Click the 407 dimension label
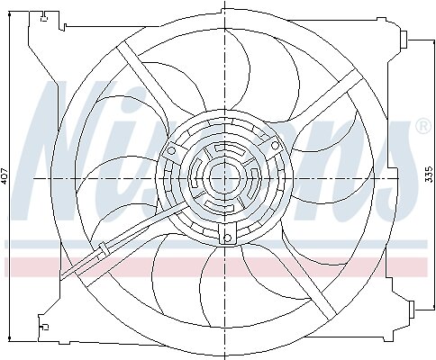coord(5,175)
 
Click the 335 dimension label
coord(430,174)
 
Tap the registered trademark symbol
coord(422,126)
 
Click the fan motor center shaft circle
coord(225,178)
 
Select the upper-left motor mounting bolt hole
coord(171,150)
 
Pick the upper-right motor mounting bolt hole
coord(275,146)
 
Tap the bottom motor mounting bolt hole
coord(227,238)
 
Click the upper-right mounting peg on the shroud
coord(404,39)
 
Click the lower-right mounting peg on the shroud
coord(411,310)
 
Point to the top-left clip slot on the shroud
coord(44,17)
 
